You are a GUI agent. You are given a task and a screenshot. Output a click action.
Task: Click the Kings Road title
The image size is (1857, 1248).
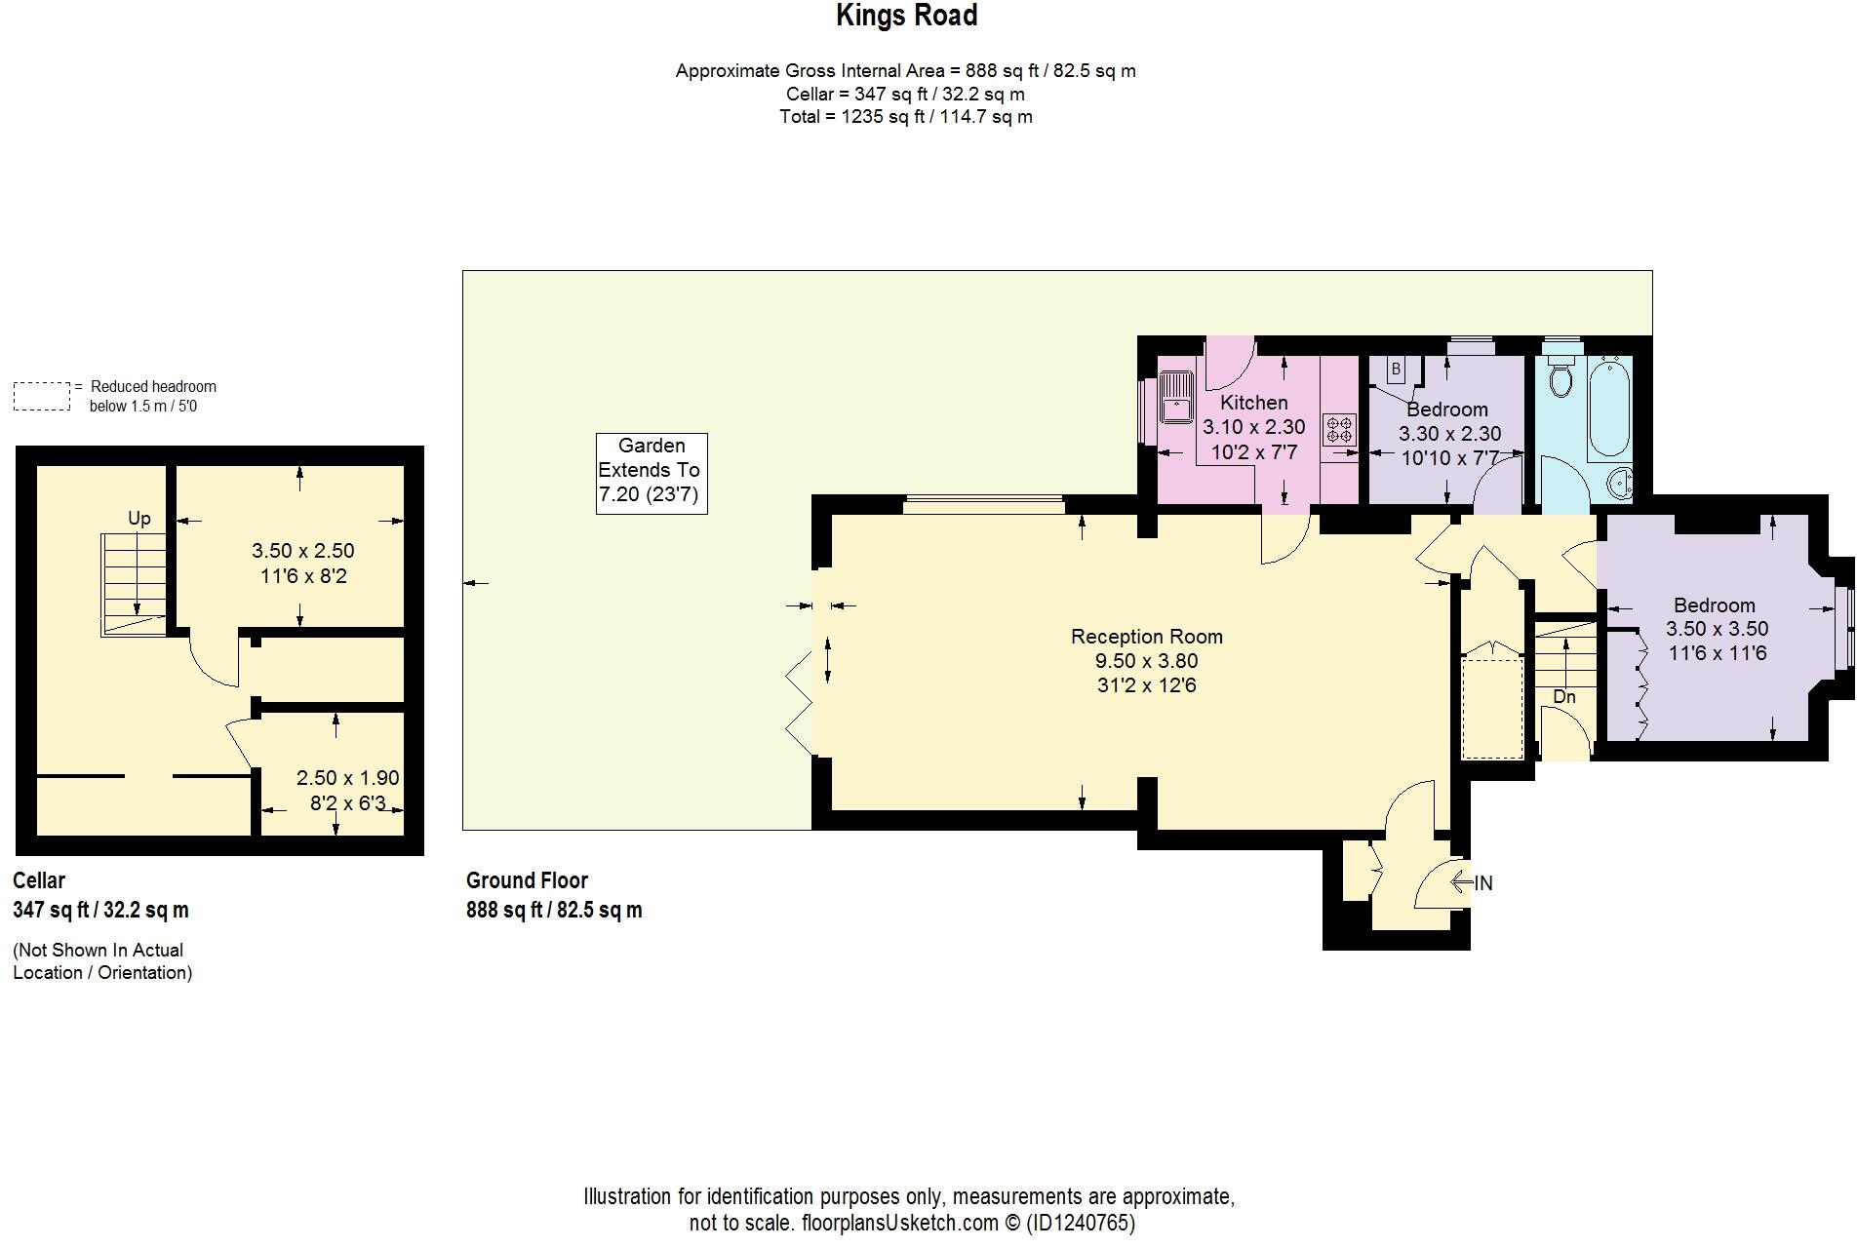tap(906, 16)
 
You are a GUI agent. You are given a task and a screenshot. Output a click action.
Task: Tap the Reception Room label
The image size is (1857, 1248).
tap(1146, 637)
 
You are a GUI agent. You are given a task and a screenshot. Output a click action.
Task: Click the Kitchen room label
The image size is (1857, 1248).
tap(1253, 403)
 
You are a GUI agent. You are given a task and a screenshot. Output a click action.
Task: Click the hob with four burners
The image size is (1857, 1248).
tap(1338, 430)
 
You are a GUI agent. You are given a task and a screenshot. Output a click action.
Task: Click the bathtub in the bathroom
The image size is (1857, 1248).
tap(1607, 409)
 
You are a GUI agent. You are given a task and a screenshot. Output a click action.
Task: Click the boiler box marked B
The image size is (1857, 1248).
tap(1396, 370)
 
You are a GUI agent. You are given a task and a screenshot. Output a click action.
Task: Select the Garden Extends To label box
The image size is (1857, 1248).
tap(652, 473)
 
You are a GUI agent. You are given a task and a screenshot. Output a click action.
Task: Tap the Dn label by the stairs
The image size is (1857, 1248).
tap(1563, 697)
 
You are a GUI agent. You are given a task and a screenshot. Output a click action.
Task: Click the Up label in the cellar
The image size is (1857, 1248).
tap(139, 519)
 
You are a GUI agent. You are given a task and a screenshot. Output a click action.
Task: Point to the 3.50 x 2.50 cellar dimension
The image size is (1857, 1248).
tap(302, 551)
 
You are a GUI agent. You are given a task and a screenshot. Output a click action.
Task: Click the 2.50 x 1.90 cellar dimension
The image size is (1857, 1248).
tap(347, 778)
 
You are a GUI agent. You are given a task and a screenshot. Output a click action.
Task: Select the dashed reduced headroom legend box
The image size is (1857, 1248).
tap(42, 396)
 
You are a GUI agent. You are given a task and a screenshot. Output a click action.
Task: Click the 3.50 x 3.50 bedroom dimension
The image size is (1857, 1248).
tap(1717, 630)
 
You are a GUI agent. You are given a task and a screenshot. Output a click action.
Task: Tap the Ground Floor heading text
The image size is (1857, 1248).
tap(527, 880)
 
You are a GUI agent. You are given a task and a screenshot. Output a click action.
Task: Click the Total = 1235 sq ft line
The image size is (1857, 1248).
tap(905, 117)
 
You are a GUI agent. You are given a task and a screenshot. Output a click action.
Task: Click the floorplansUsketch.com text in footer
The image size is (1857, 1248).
tap(899, 1223)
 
